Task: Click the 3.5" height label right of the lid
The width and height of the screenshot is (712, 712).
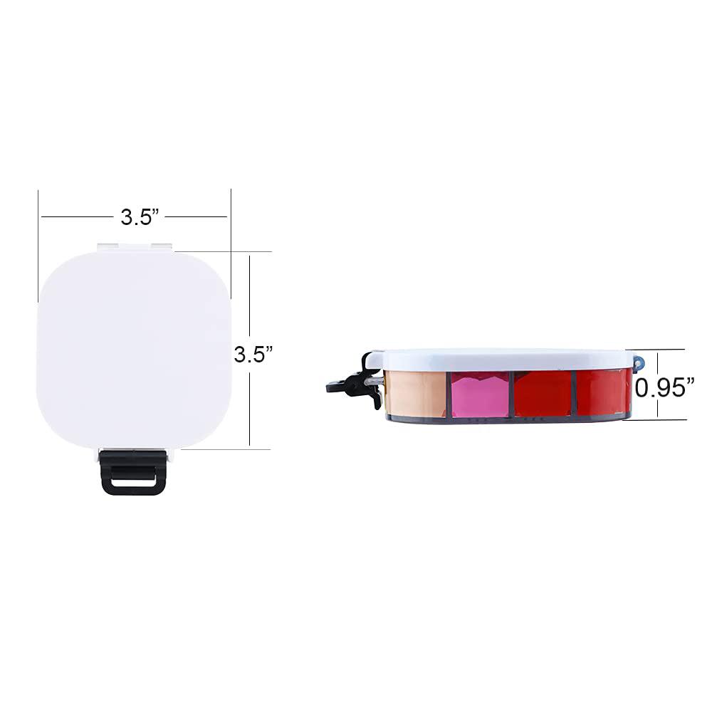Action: pyautogui.click(x=253, y=354)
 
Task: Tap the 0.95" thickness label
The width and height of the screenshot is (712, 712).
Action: pyautogui.click(x=665, y=387)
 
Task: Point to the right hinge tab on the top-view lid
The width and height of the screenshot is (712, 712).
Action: pyautogui.click(x=162, y=246)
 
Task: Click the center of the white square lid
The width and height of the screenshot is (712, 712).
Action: pyautogui.click(x=134, y=349)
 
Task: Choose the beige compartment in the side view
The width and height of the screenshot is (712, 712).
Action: pyautogui.click(x=414, y=393)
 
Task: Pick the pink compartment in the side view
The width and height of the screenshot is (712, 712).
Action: pyautogui.click(x=481, y=394)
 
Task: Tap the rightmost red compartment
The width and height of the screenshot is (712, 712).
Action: pyautogui.click(x=602, y=392)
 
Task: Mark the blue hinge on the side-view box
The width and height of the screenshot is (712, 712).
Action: pyautogui.click(x=639, y=362)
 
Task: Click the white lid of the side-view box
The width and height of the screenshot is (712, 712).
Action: pyautogui.click(x=498, y=359)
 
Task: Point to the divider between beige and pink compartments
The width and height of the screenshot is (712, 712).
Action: pyautogui.click(x=449, y=394)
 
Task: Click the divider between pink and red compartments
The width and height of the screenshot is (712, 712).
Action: pyautogui.click(x=511, y=394)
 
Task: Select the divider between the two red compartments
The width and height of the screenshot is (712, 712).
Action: pyautogui.click(x=573, y=393)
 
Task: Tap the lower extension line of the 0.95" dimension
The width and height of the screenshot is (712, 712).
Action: pyautogui.click(x=662, y=419)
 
